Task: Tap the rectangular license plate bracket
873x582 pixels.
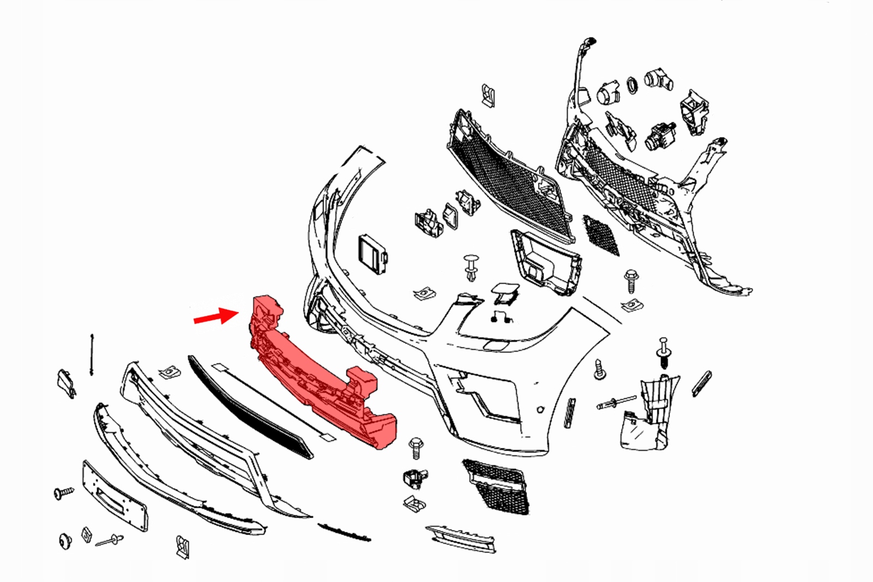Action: (114, 496)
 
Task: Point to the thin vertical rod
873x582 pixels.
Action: (92, 355)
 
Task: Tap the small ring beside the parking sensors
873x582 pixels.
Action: (632, 85)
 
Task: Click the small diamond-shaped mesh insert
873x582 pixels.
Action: (601, 234)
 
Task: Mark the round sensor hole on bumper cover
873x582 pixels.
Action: (540, 410)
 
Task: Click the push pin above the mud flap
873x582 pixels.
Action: (663, 352)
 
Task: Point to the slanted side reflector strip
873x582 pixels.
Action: (702, 383)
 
